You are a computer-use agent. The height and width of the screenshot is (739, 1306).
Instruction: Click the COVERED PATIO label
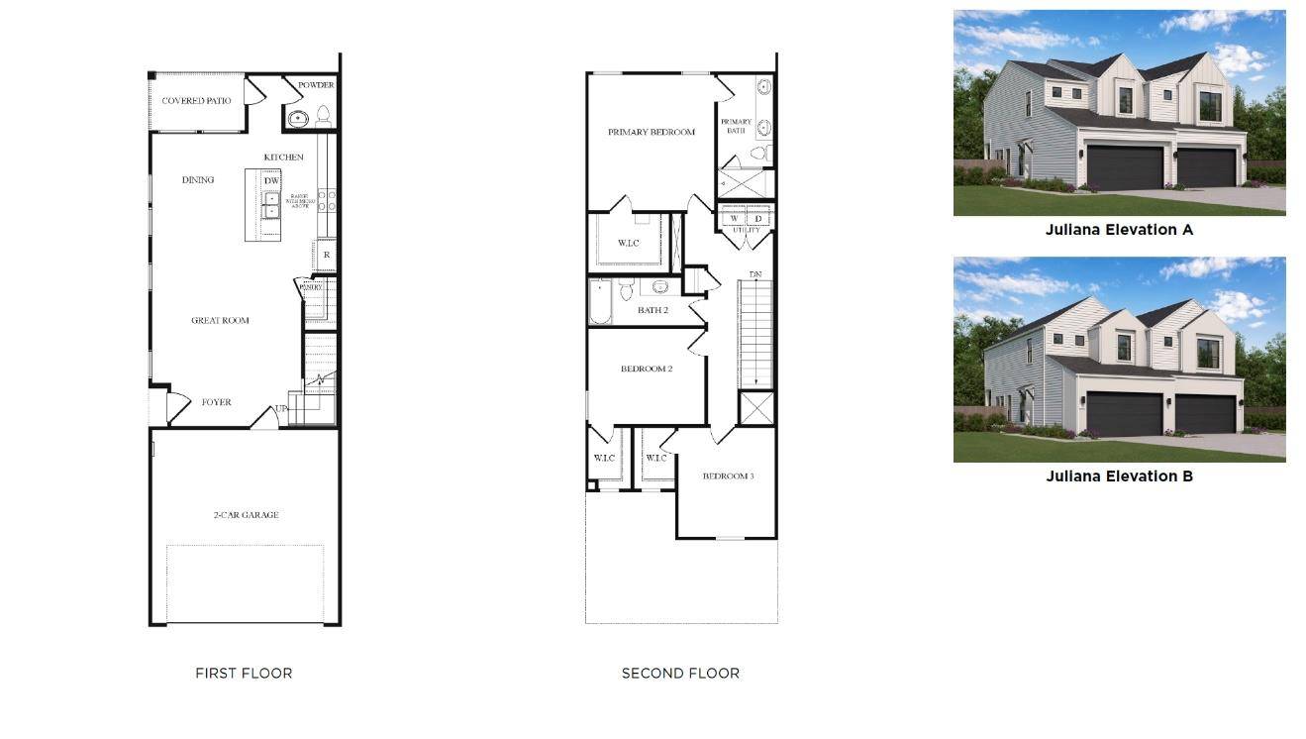pyautogui.click(x=196, y=101)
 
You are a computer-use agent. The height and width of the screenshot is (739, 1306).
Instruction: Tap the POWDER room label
pyautogui.click(x=316, y=85)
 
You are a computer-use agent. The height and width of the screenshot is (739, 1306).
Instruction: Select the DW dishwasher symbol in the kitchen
pyautogui.click(x=271, y=180)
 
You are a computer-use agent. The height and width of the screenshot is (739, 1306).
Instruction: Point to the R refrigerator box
pyautogui.click(x=326, y=256)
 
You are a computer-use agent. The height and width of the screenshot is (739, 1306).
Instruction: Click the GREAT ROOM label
pyautogui.click(x=220, y=321)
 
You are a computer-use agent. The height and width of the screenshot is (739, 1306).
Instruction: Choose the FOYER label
pyautogui.click(x=216, y=402)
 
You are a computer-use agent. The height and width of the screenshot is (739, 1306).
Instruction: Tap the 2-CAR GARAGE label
pyautogui.click(x=246, y=515)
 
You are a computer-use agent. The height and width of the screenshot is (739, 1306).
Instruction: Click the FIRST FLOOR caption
pyautogui.click(x=244, y=674)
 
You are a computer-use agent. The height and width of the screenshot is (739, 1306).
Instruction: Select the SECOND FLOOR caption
pyautogui.click(x=680, y=674)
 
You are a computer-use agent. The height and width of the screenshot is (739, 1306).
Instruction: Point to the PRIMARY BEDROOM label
pyautogui.click(x=651, y=132)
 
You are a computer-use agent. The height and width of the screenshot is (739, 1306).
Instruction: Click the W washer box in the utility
pyautogui.click(x=734, y=219)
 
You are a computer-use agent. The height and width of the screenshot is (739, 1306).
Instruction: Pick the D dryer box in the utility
pyautogui.click(x=758, y=219)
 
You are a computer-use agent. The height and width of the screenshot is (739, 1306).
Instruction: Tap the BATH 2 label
pyautogui.click(x=653, y=310)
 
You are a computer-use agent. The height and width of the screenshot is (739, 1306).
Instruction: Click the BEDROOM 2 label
pyautogui.click(x=647, y=369)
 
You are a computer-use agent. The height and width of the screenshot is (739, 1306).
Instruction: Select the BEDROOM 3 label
pyautogui.click(x=728, y=476)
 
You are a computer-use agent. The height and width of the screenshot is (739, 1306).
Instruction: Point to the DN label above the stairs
pyautogui.click(x=755, y=274)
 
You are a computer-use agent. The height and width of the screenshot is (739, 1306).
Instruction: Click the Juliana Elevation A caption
pyautogui.click(x=1119, y=230)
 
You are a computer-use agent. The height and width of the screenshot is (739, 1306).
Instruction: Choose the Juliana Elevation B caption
pyautogui.click(x=1119, y=476)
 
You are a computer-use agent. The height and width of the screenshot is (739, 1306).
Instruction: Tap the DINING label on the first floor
pyautogui.click(x=198, y=180)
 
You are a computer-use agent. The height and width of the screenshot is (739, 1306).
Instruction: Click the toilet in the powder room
pyautogui.click(x=323, y=117)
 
